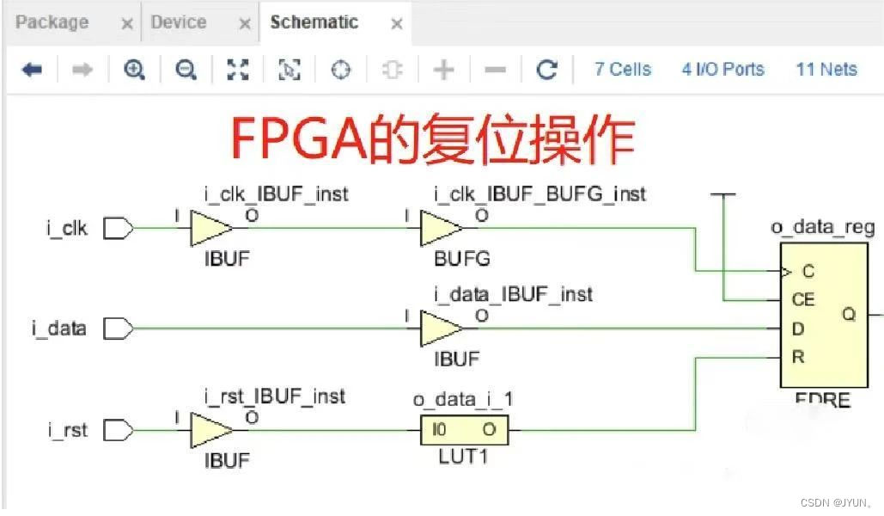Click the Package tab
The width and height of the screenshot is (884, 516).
(52, 22)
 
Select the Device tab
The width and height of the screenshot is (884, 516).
(178, 22)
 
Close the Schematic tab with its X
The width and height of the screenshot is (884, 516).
(397, 24)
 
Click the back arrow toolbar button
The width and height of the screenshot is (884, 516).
(32, 70)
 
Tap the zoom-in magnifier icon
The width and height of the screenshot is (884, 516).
(134, 70)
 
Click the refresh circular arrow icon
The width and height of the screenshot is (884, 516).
(547, 70)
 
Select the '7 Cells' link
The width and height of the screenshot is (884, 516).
(623, 70)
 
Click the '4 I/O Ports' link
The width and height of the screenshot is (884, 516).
(722, 70)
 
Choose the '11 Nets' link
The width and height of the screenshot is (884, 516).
(826, 70)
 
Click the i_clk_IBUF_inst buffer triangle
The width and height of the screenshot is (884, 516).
(210, 229)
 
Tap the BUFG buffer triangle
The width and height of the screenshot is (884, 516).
(440, 229)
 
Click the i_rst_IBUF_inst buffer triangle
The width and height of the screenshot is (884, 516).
(210, 429)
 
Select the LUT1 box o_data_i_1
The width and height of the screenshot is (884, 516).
(464, 429)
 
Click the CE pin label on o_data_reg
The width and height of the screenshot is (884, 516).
(802, 300)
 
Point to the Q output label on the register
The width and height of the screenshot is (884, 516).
(849, 315)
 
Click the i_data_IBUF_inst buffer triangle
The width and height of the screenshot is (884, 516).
(440, 328)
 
